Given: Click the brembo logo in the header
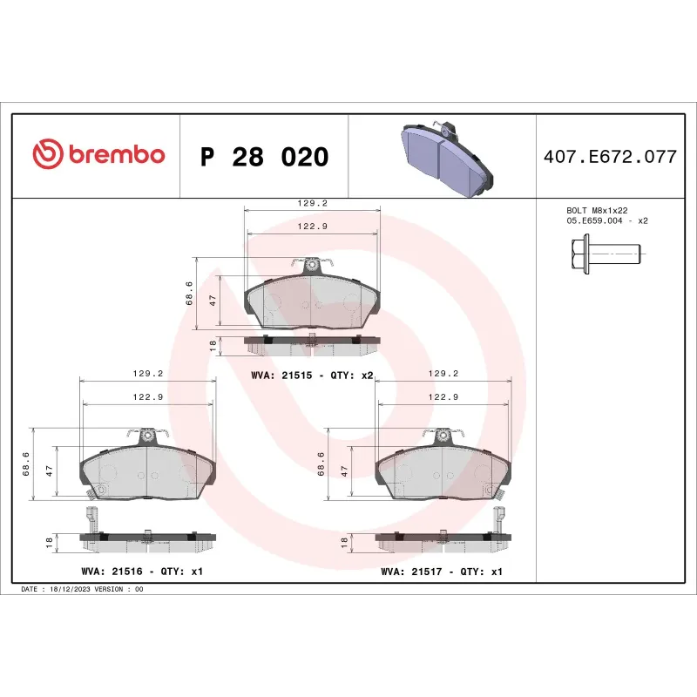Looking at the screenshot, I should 98,155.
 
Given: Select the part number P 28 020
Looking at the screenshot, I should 264,157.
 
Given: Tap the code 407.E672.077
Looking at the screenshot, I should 609,157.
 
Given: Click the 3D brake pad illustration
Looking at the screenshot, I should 443,155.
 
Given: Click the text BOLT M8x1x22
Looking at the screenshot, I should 596,210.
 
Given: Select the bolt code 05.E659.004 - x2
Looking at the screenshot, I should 606,221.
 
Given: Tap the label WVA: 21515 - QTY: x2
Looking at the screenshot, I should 312,375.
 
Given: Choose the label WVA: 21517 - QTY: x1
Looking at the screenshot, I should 442,572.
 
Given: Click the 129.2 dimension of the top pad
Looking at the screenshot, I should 312,203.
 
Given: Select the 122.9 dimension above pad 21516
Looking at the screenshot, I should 147,396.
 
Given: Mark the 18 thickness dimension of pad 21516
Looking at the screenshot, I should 50,542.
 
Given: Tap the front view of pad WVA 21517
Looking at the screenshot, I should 442,470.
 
